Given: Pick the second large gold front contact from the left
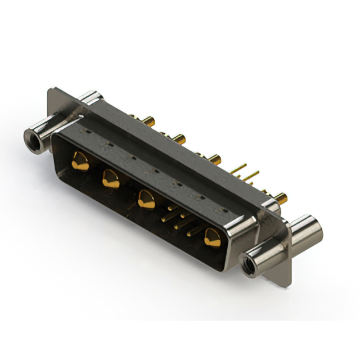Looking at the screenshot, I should [110, 179].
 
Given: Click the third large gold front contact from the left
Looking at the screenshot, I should [146, 199].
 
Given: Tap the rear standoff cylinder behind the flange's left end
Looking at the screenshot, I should [90, 99].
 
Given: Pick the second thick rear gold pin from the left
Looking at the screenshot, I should [178, 138].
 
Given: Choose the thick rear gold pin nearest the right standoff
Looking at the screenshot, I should [280, 197].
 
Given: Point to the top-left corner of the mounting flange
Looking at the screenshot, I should [51, 89].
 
